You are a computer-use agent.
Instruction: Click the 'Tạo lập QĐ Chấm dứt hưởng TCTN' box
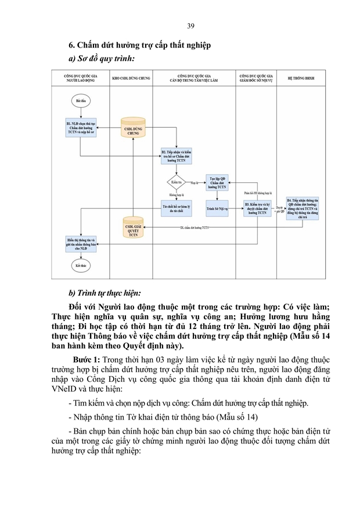click(x=217, y=183)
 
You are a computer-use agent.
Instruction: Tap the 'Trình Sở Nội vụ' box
click(x=217, y=208)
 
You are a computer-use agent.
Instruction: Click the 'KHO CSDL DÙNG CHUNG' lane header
click(x=131, y=77)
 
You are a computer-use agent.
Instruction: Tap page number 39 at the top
click(x=191, y=26)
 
